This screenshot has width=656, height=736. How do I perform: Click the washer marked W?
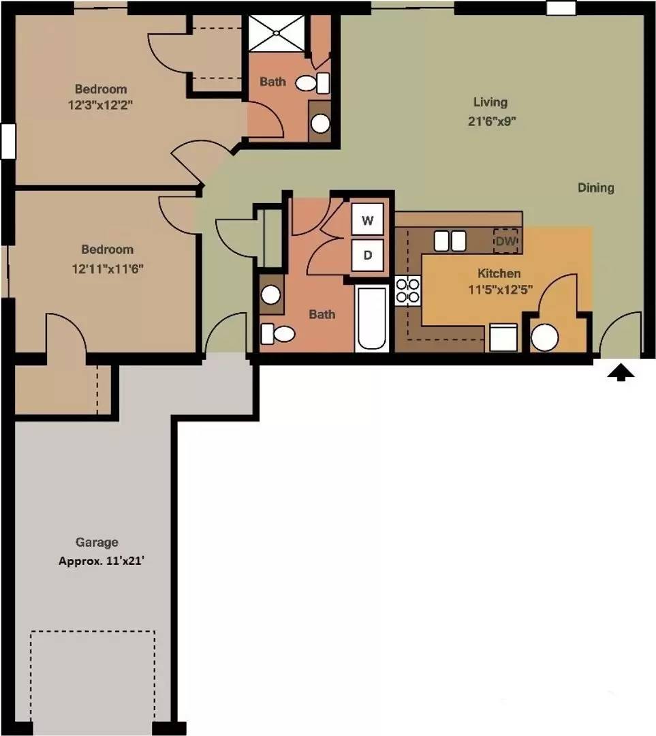pos(367,219)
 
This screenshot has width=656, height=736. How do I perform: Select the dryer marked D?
pos(367,255)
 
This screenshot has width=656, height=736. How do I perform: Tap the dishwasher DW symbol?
pos(505,241)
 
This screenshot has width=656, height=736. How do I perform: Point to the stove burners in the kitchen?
pos(407,290)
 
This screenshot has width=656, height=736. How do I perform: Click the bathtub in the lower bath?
pos(372,318)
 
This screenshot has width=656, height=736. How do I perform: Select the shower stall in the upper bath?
pos(277,33)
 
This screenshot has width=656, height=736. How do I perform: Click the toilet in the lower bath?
pos(277,334)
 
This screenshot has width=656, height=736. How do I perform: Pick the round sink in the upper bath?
pos(320,123)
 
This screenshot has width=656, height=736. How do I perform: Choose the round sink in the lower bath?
pos(270,295)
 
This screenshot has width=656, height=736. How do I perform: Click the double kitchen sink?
pos(450,241)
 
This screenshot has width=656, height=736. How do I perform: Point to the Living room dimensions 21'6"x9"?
pos(492,121)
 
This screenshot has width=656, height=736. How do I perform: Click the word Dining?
pos(595,188)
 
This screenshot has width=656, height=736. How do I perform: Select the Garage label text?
pos(97,542)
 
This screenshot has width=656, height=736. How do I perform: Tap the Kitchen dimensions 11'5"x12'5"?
pos(500,290)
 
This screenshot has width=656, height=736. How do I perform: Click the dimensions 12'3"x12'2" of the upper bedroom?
pos(100,105)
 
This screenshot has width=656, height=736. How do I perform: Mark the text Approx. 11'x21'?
pos(101,561)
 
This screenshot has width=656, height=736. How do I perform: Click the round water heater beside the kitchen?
pos(545,337)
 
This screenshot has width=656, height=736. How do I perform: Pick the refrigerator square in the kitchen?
pos(503,337)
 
